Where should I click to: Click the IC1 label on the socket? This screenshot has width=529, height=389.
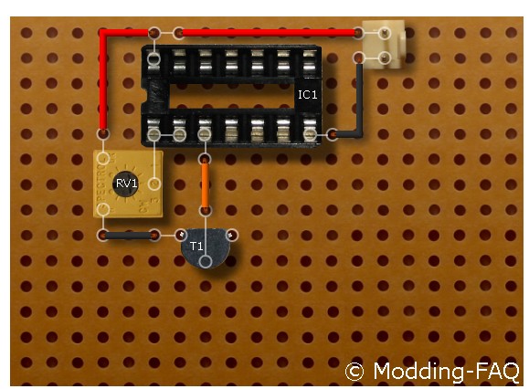coord(307,94)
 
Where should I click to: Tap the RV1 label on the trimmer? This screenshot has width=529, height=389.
coord(126,184)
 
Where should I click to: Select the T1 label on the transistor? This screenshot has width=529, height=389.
coord(196,246)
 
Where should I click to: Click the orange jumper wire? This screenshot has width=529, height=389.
coord(205,184)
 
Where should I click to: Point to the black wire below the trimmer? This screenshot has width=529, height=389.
coord(129,236)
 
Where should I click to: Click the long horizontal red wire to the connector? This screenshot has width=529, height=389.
coord(269,33)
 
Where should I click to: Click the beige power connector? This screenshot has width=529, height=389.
coord(384,45)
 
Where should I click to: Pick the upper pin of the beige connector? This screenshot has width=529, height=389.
coord(385,33)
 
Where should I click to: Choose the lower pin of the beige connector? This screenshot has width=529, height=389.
coord(385,58)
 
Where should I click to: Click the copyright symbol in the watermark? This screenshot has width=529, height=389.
coord(354,372)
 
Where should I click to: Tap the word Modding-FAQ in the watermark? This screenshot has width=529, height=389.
coord(447,372)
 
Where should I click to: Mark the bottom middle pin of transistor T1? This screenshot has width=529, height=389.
coord(206,261)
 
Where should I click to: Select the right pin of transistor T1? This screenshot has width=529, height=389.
coord(231,235)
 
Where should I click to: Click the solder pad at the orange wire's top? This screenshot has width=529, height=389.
coord(205,159)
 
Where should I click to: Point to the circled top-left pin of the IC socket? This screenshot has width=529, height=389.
coord(153,59)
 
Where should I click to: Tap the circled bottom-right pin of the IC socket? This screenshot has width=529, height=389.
coord(310,135)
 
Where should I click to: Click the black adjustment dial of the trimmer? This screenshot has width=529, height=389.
coord(125,184)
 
